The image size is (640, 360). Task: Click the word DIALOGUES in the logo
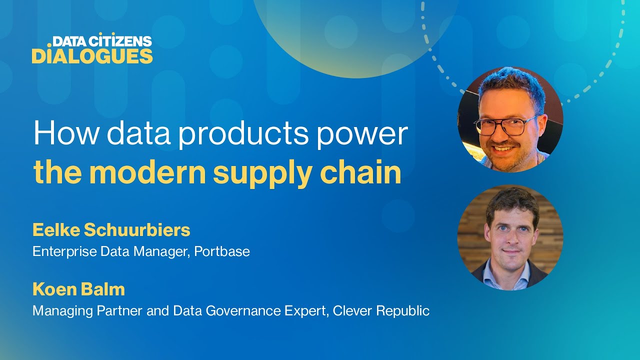pyautogui.click(x=92, y=56)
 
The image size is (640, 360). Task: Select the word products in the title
pyautogui.click(x=243, y=134)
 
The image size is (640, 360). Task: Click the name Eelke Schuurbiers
pyautogui.click(x=111, y=230)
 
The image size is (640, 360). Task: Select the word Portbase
pyautogui.click(x=222, y=251)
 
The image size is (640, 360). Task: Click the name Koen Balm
pyautogui.click(x=79, y=289)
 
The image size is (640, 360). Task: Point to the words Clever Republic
pyautogui.click(x=381, y=310)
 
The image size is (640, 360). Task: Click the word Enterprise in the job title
pyautogui.click(x=64, y=251)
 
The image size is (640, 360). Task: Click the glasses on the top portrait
pyautogui.click(x=505, y=125)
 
